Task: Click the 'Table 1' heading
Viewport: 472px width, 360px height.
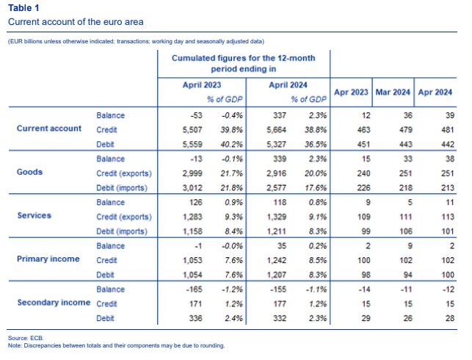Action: tap(23, 8)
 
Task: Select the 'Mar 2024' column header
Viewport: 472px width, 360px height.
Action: tap(393, 92)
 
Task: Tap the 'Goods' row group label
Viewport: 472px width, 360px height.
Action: tap(29, 172)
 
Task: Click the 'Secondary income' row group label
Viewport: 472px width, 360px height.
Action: tap(54, 303)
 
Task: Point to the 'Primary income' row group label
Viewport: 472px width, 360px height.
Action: tap(48, 259)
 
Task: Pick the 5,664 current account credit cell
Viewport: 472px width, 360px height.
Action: tap(276, 130)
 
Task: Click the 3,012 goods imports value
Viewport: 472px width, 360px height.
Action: tap(192, 187)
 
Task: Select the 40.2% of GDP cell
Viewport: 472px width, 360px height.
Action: tap(231, 144)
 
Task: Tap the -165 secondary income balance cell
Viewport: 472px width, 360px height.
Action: tap(194, 289)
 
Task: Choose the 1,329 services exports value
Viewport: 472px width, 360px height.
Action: tap(276, 217)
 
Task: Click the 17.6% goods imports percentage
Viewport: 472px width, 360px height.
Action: tap(316, 187)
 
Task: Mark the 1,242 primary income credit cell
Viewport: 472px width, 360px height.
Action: tap(276, 260)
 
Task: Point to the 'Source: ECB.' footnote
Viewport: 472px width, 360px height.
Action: tap(26, 338)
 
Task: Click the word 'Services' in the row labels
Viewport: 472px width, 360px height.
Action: tap(34, 215)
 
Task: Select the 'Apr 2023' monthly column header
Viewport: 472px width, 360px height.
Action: tap(351, 92)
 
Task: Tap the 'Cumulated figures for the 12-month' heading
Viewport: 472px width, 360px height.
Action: tap(243, 58)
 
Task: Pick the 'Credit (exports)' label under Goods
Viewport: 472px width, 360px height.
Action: tap(124, 173)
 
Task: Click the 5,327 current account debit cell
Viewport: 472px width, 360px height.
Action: tap(276, 144)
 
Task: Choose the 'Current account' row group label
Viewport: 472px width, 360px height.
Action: tap(49, 129)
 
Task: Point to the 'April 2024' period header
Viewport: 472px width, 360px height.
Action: tap(288, 85)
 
